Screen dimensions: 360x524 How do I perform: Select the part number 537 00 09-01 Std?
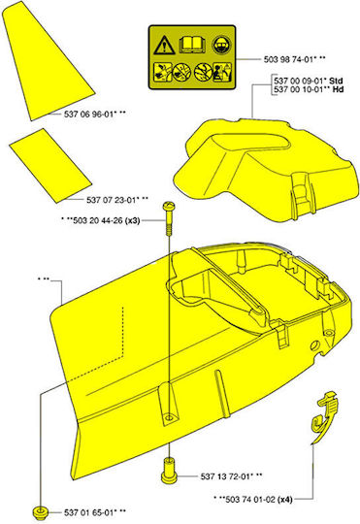pos(309,81)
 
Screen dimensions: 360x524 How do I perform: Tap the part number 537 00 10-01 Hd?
pos(309,89)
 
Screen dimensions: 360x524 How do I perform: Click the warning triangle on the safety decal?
pos(164,46)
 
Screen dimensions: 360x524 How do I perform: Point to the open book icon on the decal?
pos(192,46)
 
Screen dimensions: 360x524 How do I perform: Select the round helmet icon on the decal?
pos(221,45)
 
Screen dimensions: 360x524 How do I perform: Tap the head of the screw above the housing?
pos(169,206)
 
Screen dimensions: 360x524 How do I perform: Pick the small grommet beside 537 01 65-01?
pos(40,512)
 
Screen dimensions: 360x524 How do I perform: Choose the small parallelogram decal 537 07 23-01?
pos(50,165)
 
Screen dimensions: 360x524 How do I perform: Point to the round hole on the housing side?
pos(314,345)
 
